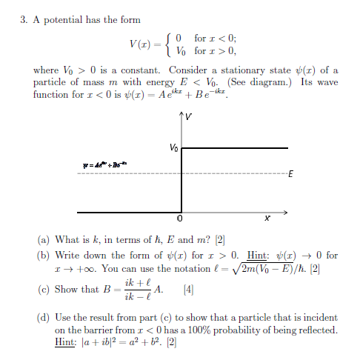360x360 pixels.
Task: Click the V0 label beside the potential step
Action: click(173, 148)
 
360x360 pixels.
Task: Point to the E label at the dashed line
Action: click(290, 176)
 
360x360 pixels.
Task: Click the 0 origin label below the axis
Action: click(179, 220)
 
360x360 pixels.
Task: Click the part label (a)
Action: click(44, 240)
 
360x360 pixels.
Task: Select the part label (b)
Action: click(44, 255)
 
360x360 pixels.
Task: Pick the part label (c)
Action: click(44, 289)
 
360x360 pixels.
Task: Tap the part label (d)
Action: click(44, 316)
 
